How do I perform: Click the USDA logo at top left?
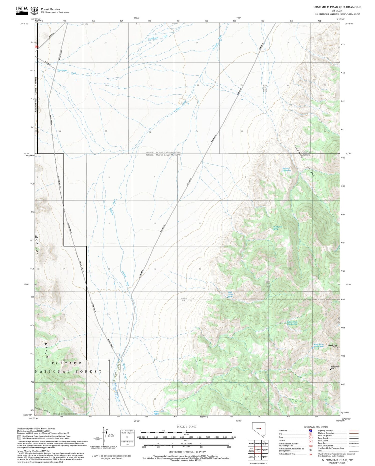click(21, 10)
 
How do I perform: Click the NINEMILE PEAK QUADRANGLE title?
click(337, 7)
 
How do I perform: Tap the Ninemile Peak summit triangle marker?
click(337, 348)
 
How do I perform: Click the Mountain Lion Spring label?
click(286, 169)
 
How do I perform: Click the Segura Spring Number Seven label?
click(318, 345)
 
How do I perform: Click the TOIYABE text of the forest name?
click(66, 363)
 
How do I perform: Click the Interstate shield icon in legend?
click(310, 431)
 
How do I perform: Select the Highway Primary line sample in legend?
click(352, 431)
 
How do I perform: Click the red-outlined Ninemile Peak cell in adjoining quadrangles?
click(258, 450)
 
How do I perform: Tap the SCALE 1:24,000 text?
click(186, 427)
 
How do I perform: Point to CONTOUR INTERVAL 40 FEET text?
click(187, 452)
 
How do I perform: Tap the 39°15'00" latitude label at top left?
click(24, 24)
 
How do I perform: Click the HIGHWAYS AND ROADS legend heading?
click(316, 427)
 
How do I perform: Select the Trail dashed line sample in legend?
click(352, 451)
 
